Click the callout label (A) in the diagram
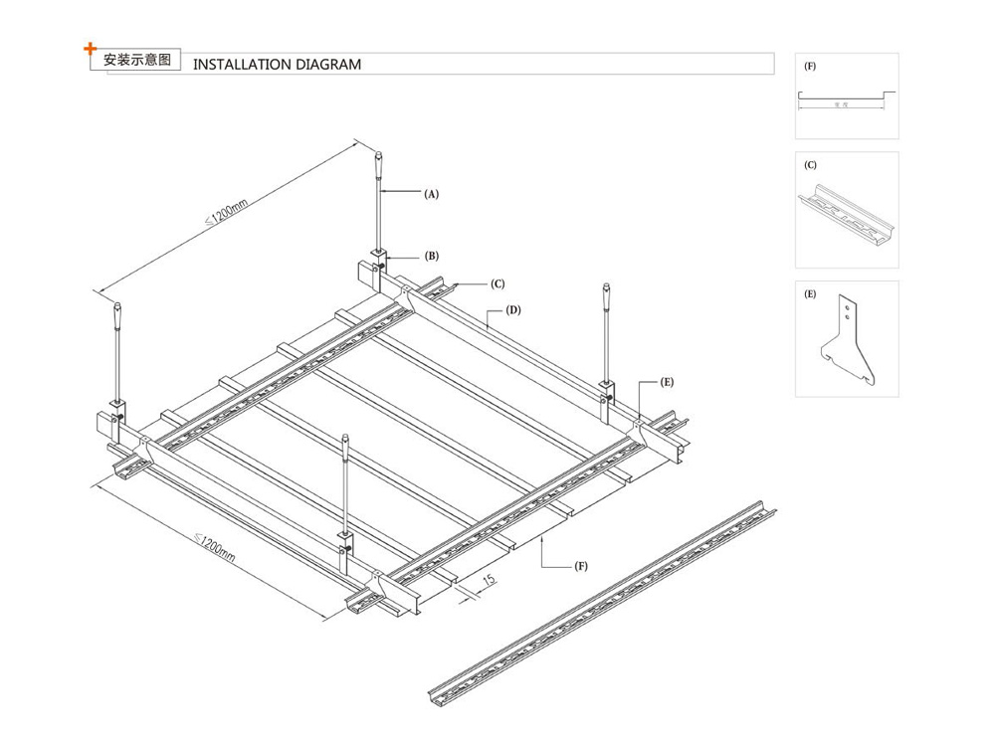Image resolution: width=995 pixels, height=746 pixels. [431, 195]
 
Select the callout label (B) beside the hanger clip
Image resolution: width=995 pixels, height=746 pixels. [432, 256]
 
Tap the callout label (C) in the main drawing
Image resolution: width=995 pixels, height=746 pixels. [497, 283]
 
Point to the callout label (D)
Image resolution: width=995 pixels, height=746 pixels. [513, 310]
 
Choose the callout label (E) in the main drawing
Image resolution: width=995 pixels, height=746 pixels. [667, 382]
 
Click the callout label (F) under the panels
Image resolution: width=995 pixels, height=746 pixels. [580, 566]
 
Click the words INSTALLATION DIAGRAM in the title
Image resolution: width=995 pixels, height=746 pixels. [276, 65]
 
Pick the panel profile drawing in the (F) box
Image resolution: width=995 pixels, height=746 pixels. [846, 96]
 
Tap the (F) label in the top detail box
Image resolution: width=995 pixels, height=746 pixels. [810, 65]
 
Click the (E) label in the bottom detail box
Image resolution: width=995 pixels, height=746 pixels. [810, 294]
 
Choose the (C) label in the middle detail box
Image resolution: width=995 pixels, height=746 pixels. [810, 164]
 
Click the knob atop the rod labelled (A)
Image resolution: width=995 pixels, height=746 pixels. [379, 158]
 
